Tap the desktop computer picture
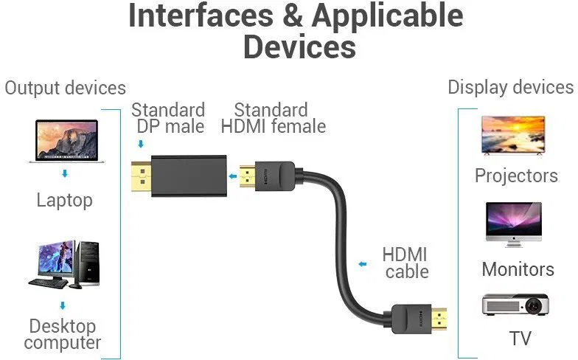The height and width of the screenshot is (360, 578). tap(64, 263)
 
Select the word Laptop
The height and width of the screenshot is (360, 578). tap(65, 200)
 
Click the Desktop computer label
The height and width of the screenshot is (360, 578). tap(63, 334)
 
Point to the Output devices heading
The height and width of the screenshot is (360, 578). tap(65, 88)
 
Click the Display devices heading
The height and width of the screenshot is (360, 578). tap(510, 87)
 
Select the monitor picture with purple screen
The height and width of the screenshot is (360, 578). tap(513, 224)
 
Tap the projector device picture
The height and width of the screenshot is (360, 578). tap(515, 304)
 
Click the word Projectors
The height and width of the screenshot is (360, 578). tap(516, 176)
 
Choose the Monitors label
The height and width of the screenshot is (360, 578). tap(518, 269)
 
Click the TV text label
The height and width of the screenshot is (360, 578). tap(520, 339)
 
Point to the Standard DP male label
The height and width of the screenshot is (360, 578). tap(169, 118)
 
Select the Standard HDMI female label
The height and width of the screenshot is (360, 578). tap(273, 118)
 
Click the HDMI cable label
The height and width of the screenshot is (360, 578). tap(405, 263)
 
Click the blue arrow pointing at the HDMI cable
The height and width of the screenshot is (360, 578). tap(362, 263)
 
